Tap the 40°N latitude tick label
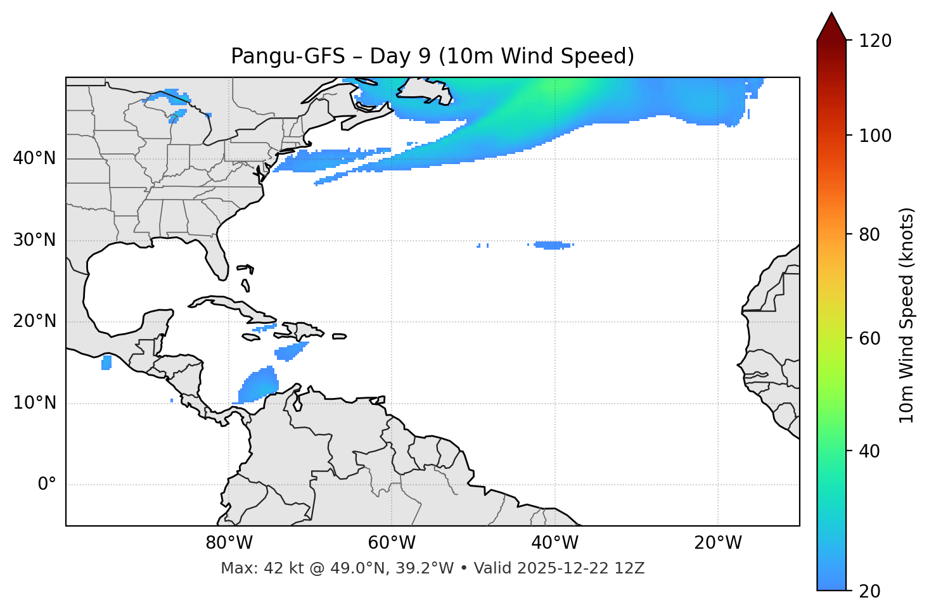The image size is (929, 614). (x=34, y=158)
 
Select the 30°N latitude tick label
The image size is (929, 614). (x=34, y=240)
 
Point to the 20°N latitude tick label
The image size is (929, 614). (x=34, y=321)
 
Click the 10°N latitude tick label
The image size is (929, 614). (x=34, y=403)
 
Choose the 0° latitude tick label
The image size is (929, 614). (x=46, y=485)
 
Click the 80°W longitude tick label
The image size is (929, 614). (x=229, y=543)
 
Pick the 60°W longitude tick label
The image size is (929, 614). (x=392, y=543)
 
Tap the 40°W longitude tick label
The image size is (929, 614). (x=554, y=543)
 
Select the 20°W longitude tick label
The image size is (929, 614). (x=717, y=543)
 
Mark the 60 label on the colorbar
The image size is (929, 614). (x=869, y=338)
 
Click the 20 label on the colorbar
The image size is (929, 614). (x=869, y=591)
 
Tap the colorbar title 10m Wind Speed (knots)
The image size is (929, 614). (x=907, y=315)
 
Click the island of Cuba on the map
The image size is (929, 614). (x=234, y=305)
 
